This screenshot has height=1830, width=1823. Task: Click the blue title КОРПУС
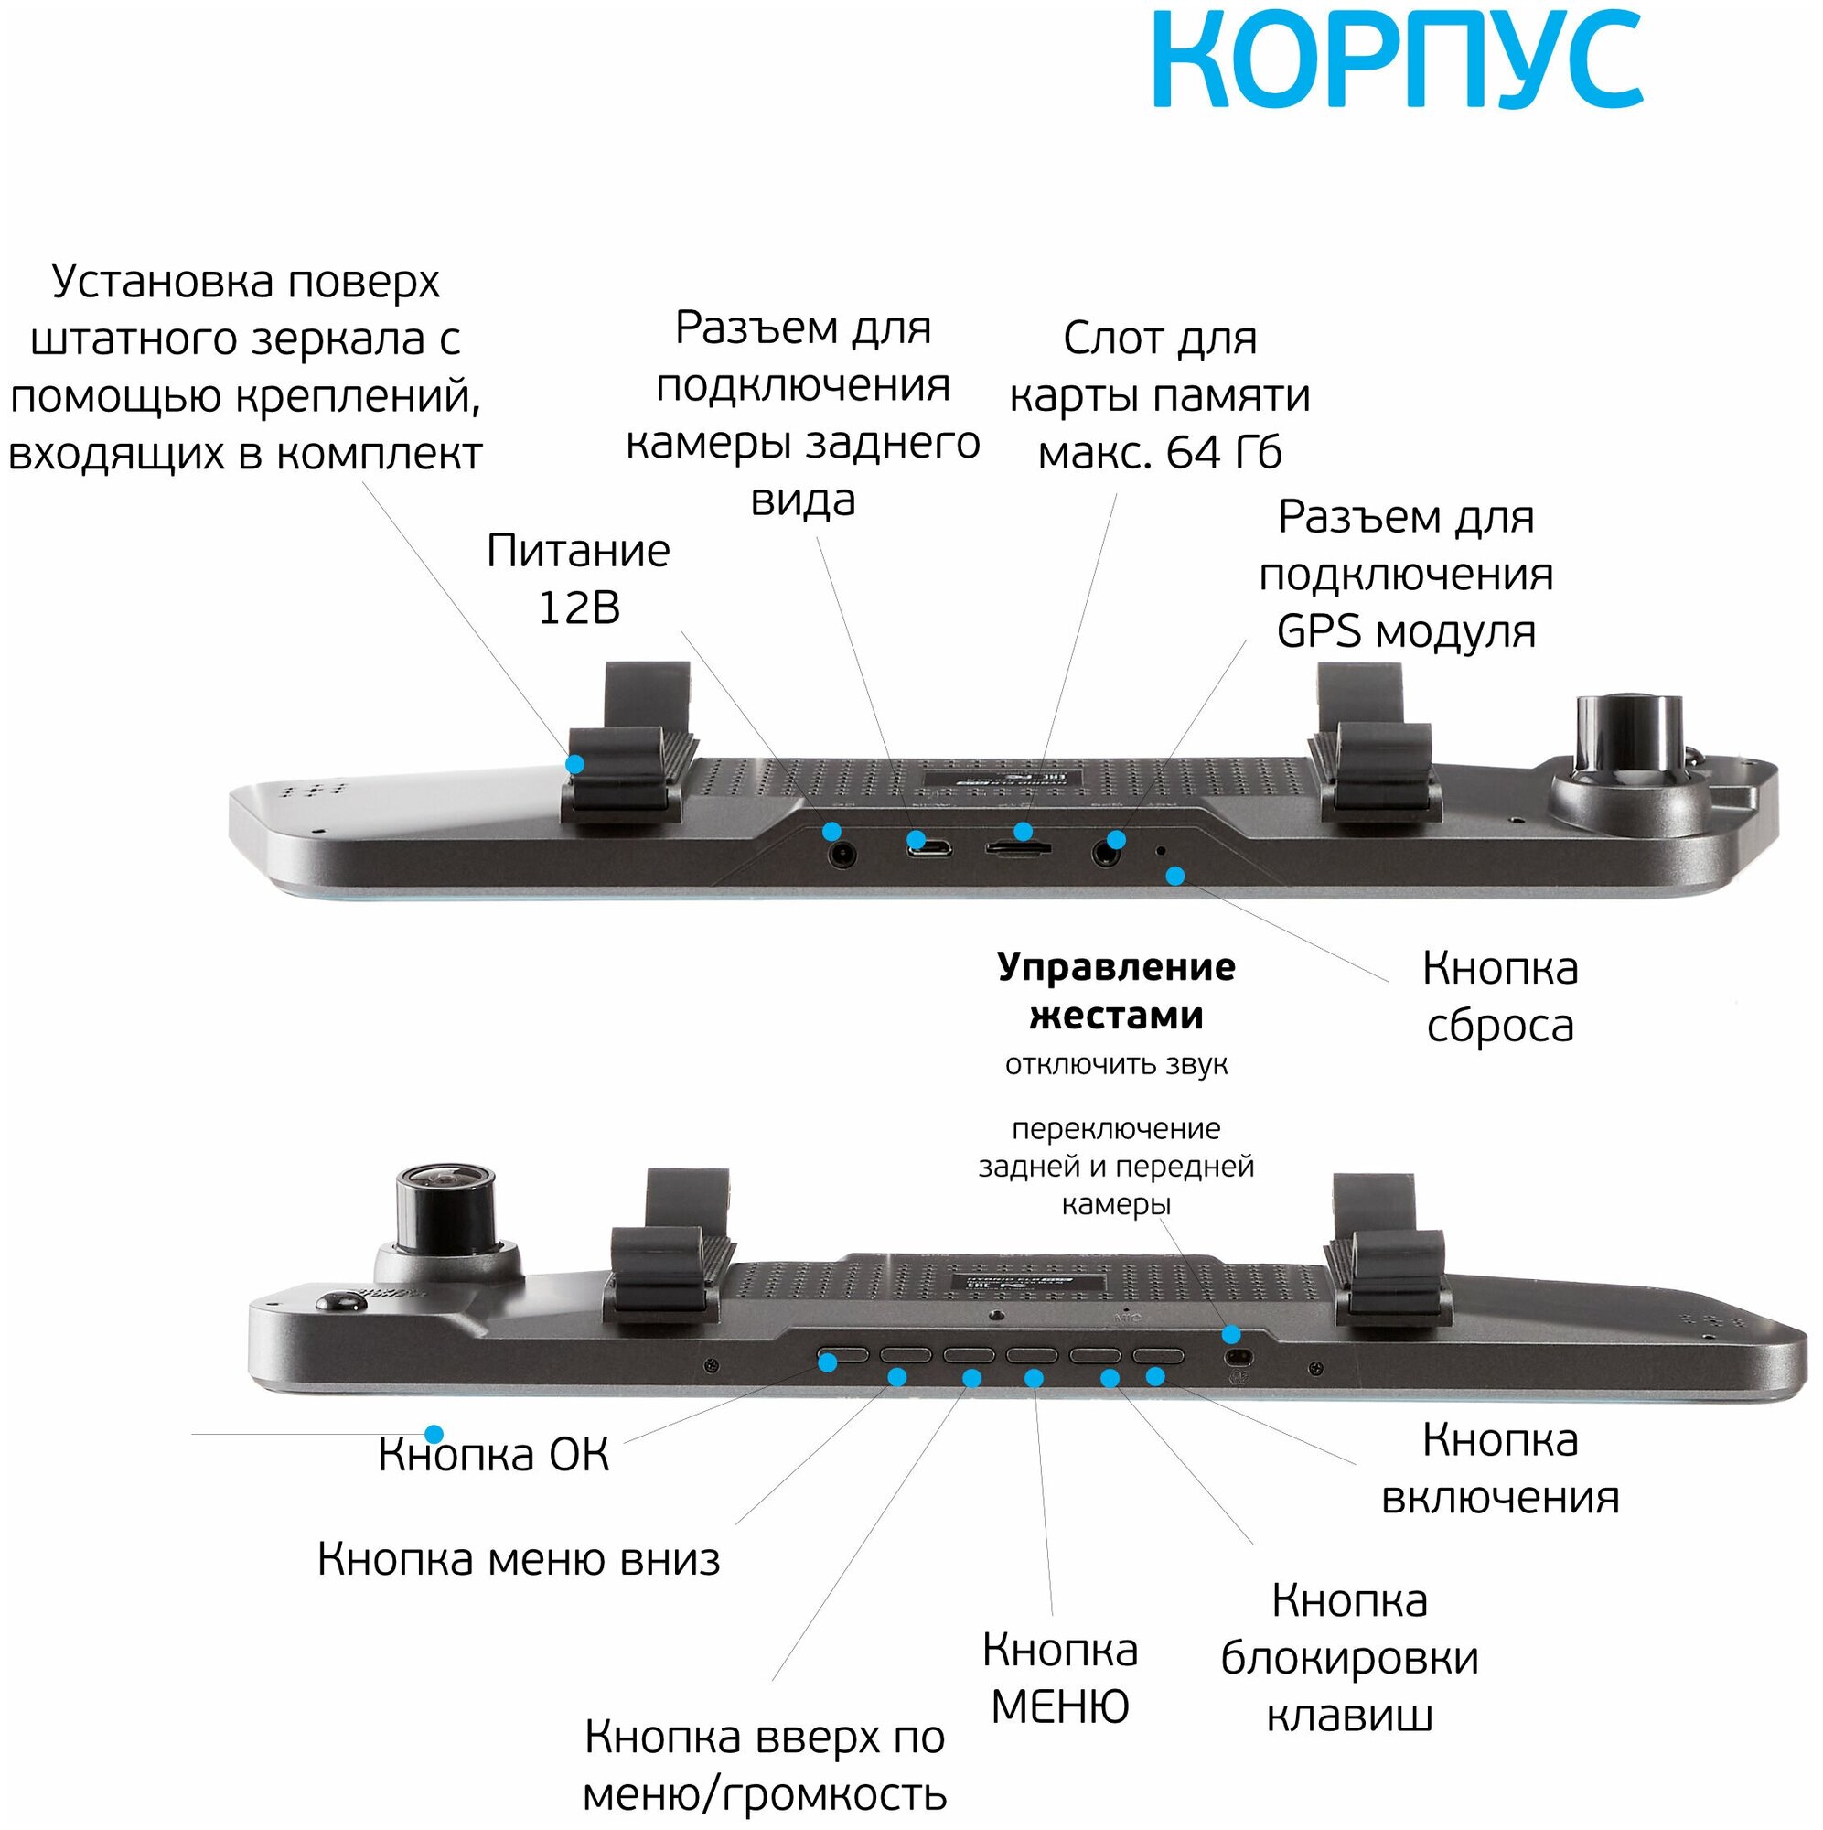pos(1398,61)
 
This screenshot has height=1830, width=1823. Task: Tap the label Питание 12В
pos(578,579)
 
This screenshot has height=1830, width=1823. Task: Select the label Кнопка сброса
pos(1499,996)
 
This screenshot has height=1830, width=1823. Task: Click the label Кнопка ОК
pos(493,1455)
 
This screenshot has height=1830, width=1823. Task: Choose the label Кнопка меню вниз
pos(518,1559)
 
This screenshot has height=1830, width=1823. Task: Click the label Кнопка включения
pos(1500,1469)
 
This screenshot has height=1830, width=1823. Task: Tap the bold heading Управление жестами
pos(1116,991)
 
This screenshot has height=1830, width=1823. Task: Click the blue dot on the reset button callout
pos(1174,876)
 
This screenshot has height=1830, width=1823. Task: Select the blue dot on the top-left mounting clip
pos(574,763)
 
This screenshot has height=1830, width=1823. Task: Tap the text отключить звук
pos(1116,1065)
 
